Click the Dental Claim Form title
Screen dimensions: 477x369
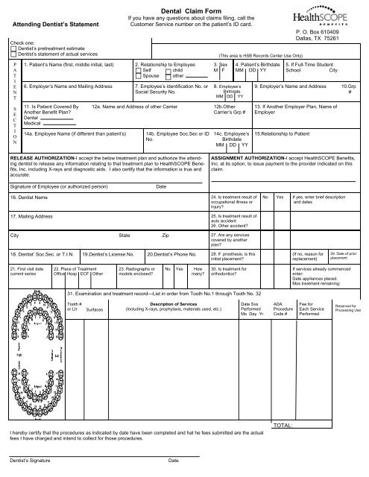tap(183, 7)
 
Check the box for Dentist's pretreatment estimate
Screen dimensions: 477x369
tap(8, 47)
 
